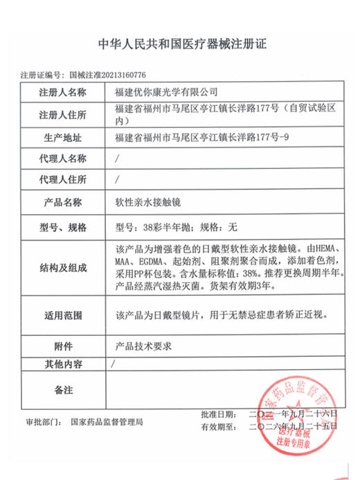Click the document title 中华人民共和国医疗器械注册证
click(179, 44)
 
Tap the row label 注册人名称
click(63, 91)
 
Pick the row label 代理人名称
click(63, 158)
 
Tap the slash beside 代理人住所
click(117, 179)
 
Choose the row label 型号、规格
click(63, 226)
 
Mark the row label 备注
click(63, 390)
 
